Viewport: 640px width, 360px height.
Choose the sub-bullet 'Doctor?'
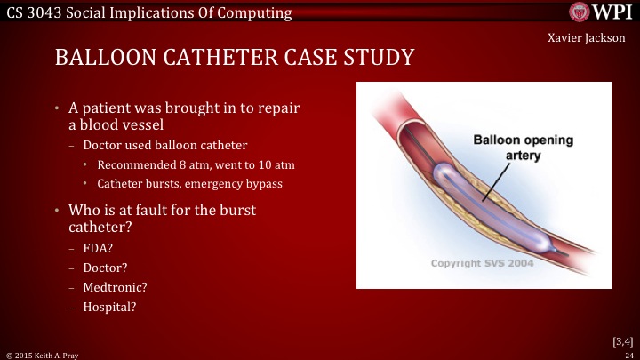105,267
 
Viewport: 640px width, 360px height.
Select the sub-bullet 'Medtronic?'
115,287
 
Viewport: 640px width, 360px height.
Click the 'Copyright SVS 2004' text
483,264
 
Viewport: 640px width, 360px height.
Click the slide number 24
628,354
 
